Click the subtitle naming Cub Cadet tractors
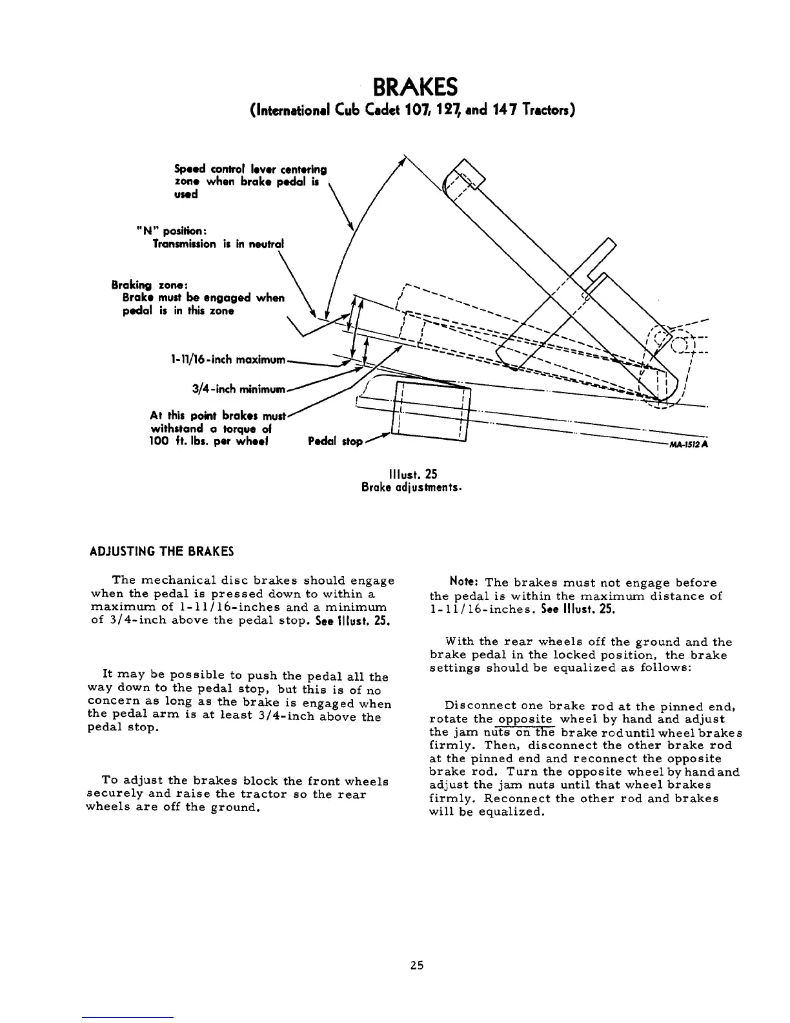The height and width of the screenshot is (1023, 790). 412,110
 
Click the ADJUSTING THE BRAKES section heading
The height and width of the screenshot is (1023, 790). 161,552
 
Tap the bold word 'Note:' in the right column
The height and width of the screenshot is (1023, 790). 464,583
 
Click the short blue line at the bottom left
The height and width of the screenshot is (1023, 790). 128,1017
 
